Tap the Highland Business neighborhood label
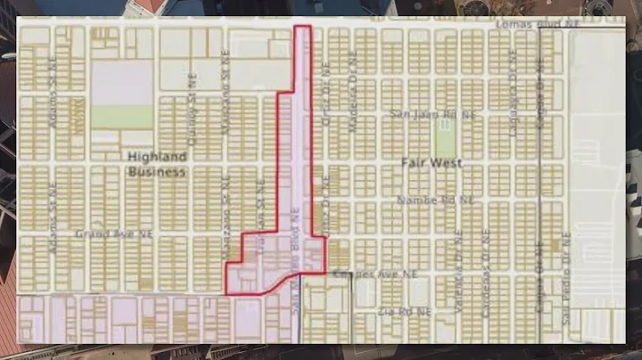click(156, 163)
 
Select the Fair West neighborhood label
click(420, 164)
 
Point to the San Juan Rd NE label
click(422, 114)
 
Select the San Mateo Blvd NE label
click(293, 258)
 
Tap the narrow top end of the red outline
click(303, 29)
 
